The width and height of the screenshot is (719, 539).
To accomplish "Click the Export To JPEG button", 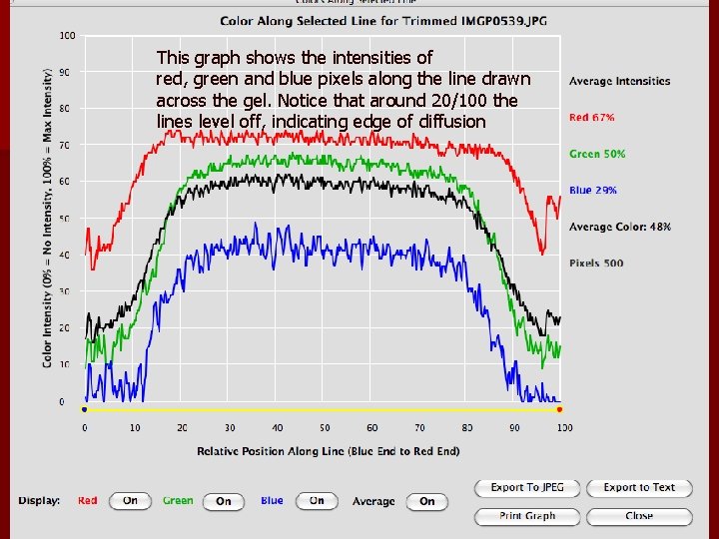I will (x=527, y=487).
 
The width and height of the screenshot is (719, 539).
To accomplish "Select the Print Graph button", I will (x=527, y=516).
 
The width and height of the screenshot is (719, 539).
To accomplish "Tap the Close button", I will (x=639, y=516).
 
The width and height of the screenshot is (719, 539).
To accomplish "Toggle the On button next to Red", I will (x=130, y=501).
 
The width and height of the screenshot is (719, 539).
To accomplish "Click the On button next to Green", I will (x=223, y=501).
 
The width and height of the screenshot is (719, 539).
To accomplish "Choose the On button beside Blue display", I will (x=317, y=501).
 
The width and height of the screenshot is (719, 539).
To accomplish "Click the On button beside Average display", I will (x=426, y=501).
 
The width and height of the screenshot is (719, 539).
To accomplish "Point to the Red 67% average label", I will (x=592, y=118).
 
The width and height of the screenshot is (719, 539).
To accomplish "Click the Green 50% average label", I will (x=597, y=154).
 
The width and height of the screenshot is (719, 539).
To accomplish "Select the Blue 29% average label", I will (x=593, y=190).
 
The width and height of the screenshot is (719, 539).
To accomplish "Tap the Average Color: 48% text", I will (x=619, y=227).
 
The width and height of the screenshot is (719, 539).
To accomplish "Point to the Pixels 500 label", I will (x=596, y=263).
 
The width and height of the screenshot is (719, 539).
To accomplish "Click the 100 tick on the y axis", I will (x=67, y=36).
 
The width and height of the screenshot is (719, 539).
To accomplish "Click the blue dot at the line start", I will (x=85, y=409).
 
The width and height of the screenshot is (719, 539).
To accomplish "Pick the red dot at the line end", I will (x=559, y=409).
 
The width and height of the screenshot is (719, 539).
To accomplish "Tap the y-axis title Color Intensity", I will (x=48, y=218).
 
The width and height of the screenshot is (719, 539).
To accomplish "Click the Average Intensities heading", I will (x=619, y=81).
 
